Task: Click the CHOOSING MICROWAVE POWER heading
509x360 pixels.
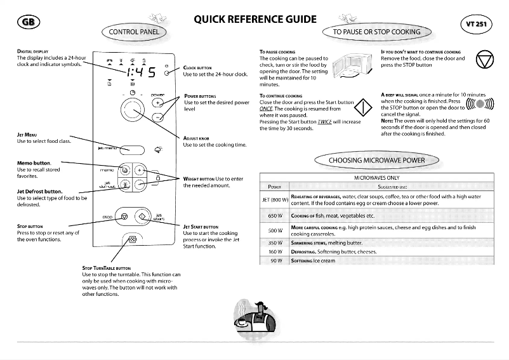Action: point(376,160)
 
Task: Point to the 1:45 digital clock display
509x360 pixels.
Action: point(141,72)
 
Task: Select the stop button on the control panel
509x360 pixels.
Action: point(124,217)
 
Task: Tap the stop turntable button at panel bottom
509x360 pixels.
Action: point(132,241)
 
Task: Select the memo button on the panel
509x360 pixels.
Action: point(125,171)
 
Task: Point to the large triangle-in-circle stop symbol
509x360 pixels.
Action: point(487,62)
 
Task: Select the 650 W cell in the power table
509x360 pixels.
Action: point(275,215)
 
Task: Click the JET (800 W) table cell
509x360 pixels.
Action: point(275,199)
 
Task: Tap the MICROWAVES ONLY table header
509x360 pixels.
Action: point(376,178)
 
